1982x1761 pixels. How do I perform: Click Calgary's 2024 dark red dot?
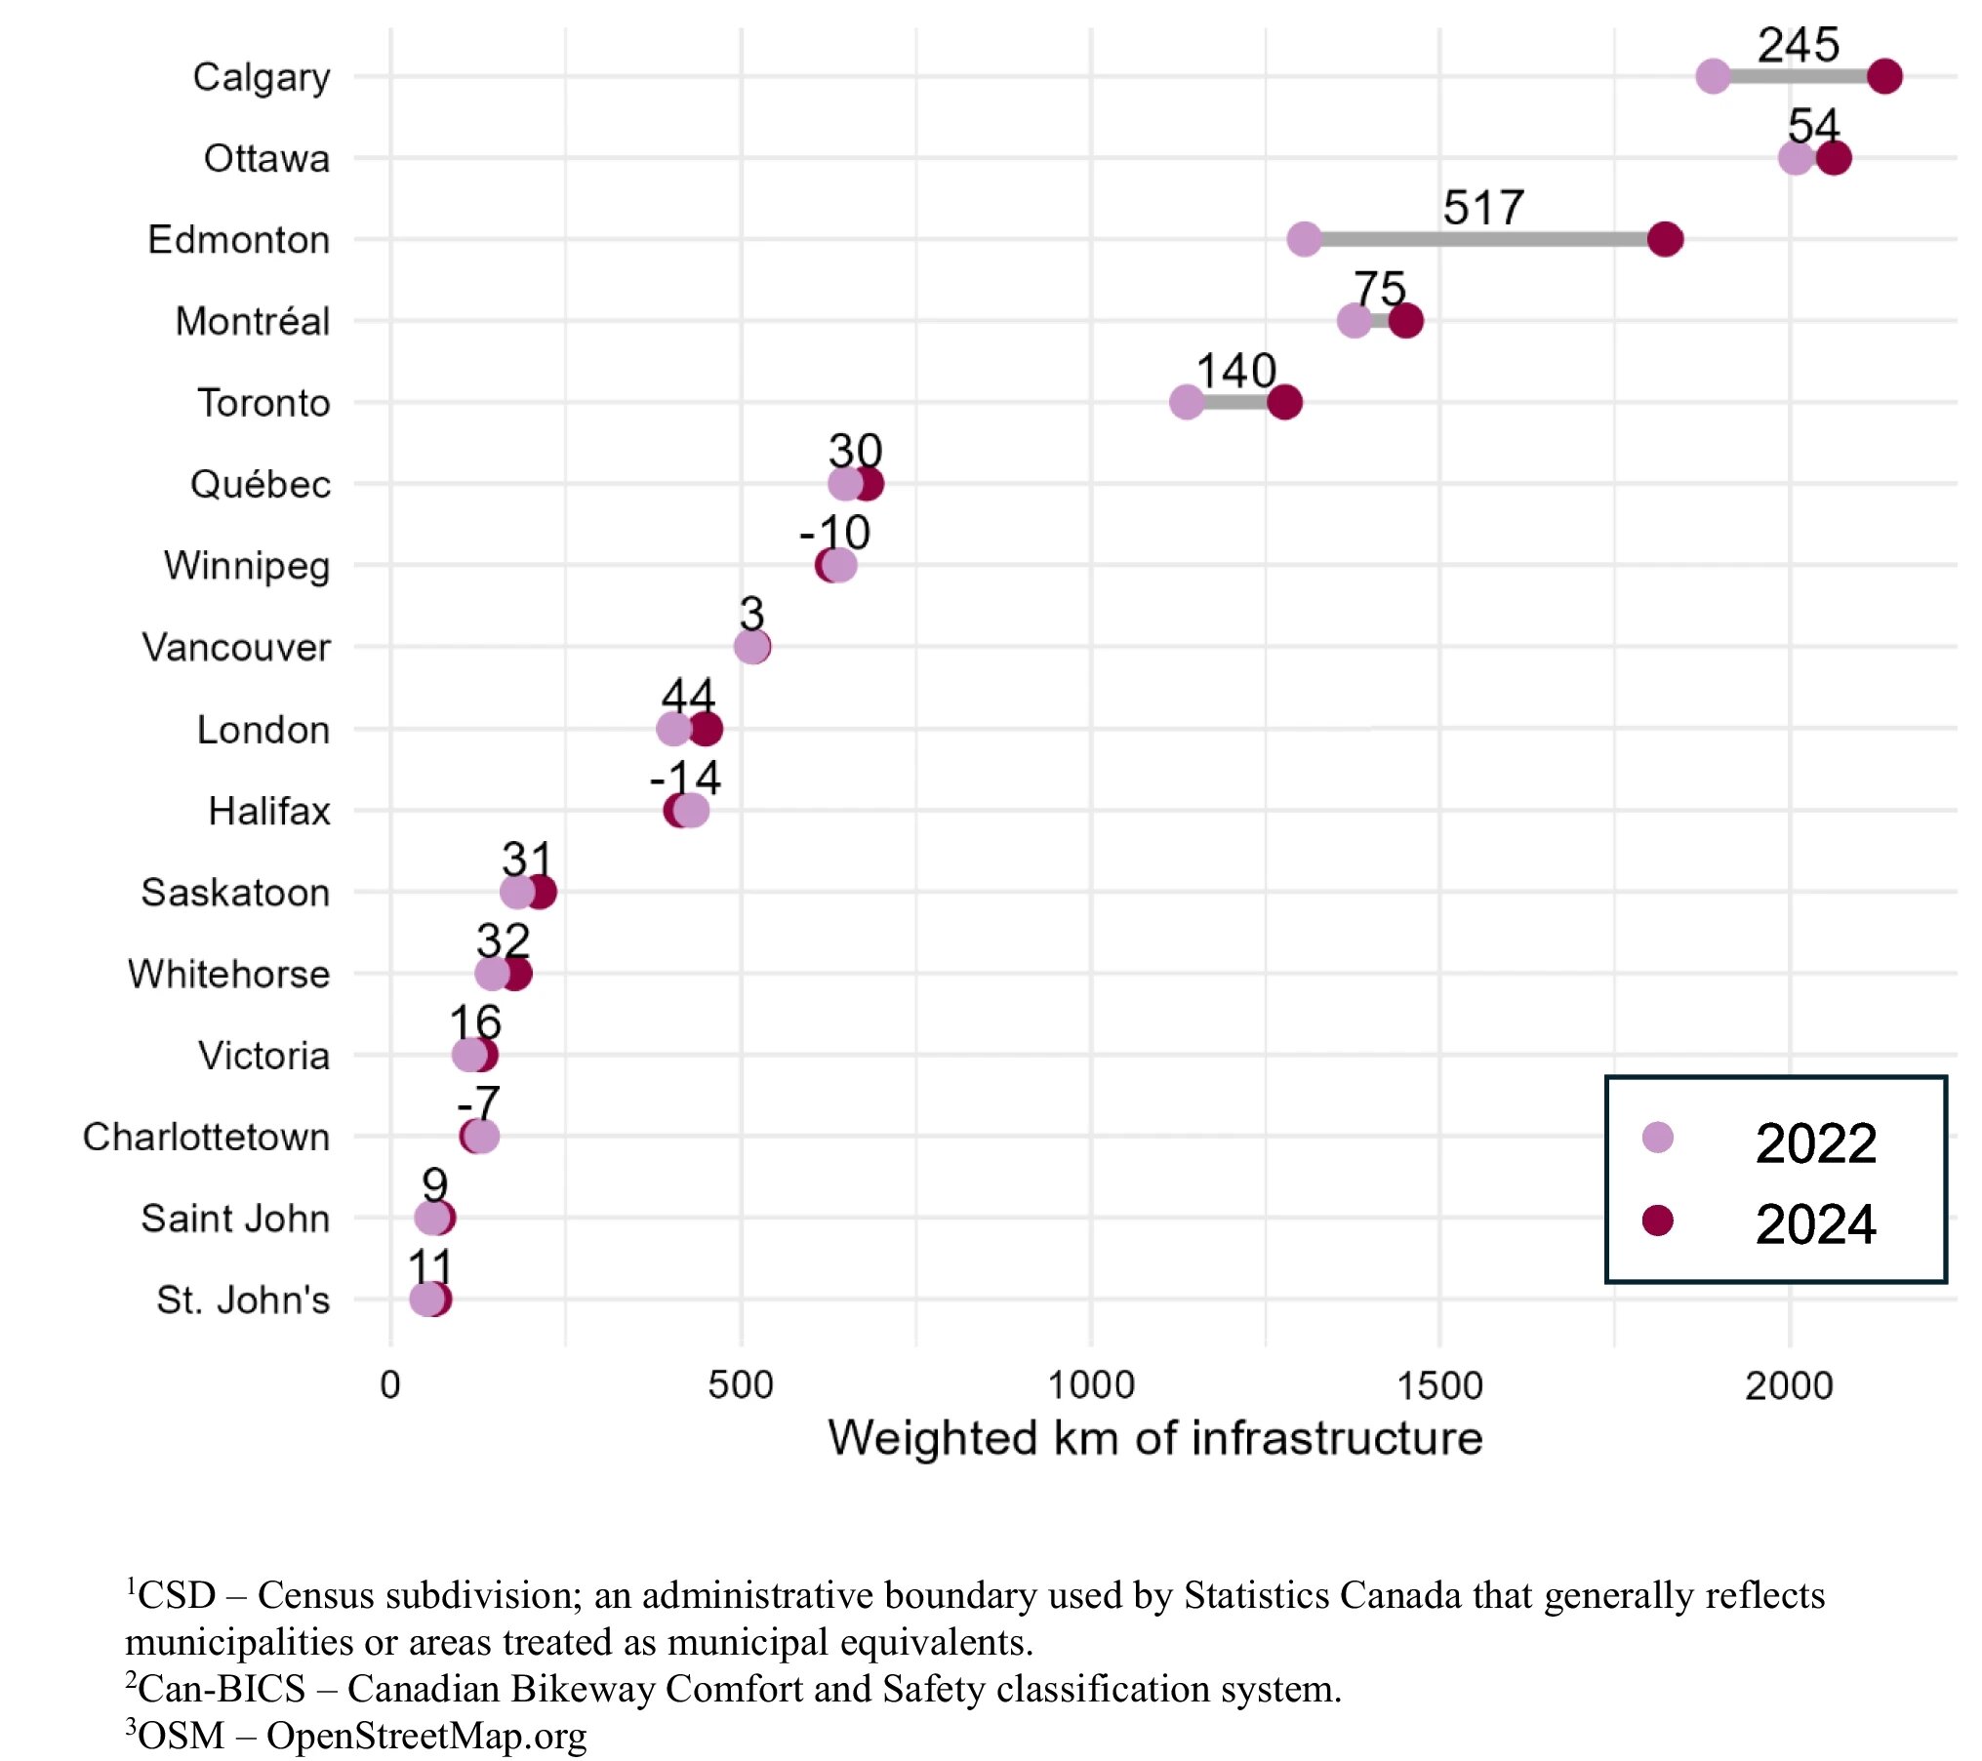click(1884, 76)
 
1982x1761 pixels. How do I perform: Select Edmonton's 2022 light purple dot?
click(1304, 239)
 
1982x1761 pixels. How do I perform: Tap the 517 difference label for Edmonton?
click(1482, 208)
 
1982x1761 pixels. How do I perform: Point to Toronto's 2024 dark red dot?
click(1284, 402)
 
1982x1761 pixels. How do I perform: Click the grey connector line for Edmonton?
click(1483, 239)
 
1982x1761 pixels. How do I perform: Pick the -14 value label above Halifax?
click(685, 779)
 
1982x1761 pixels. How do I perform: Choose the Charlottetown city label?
click(206, 1138)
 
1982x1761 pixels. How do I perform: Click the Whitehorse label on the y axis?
click(228, 975)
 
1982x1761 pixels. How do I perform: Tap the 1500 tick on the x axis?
click(1439, 1385)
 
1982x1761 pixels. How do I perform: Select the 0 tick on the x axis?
click(390, 1385)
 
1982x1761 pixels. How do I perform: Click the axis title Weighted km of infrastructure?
click(1155, 1439)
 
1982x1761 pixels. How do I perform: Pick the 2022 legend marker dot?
click(1658, 1138)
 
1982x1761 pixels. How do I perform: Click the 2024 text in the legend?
click(1815, 1224)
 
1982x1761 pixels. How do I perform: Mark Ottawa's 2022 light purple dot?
click(1796, 158)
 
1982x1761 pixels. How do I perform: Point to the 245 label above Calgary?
click(1798, 45)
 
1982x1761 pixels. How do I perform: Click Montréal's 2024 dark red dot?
click(1406, 320)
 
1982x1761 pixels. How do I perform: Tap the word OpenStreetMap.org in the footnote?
click(426, 1736)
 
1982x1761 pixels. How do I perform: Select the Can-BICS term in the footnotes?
click(222, 1689)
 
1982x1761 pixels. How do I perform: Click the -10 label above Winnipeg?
click(834, 534)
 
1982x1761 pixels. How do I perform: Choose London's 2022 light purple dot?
click(673, 729)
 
